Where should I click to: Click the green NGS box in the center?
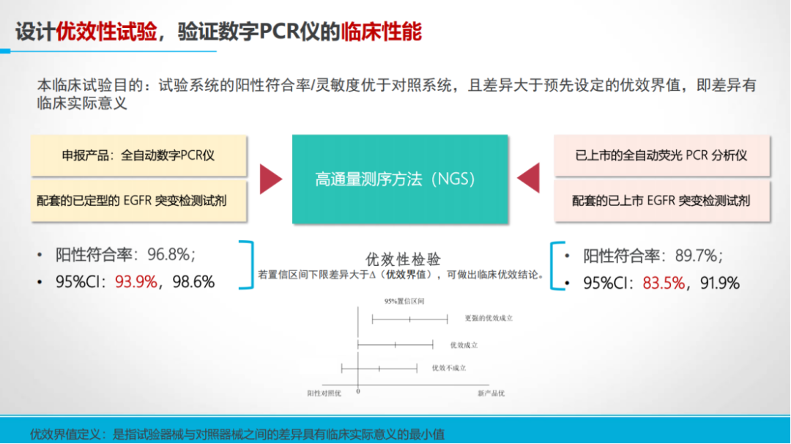[400, 179]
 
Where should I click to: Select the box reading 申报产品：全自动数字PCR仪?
[138, 155]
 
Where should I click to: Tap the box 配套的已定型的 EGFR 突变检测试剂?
[138, 201]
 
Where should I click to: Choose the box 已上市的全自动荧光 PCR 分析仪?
[662, 155]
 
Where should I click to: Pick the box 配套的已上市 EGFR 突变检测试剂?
[662, 201]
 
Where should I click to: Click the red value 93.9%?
[136, 281]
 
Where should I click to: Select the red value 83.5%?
[664, 283]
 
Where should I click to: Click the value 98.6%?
[193, 281]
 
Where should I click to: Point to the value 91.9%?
[720, 283]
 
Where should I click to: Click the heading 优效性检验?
[403, 259]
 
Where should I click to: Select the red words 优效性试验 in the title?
[106, 32]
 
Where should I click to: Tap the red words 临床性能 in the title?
[382, 32]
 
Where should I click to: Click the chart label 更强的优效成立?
[489, 319]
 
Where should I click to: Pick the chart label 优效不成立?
[449, 369]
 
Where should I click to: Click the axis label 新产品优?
[491, 393]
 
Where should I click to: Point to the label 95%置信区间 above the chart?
[404, 301]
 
